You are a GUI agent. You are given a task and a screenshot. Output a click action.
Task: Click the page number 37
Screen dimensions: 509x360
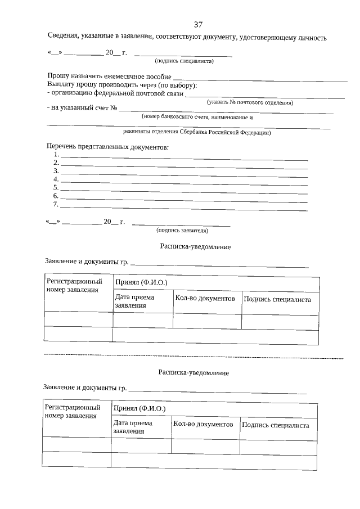point(198,25)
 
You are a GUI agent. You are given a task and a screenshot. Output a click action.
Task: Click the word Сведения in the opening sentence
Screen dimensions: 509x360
point(65,38)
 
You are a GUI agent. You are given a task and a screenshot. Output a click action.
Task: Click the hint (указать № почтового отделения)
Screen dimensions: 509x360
point(250,102)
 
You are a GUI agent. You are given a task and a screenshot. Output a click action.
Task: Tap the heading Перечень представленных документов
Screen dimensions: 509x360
point(107,147)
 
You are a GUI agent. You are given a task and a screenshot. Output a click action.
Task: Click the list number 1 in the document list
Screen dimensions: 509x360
point(56,154)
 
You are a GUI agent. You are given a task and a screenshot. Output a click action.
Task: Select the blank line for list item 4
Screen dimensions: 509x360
point(184,182)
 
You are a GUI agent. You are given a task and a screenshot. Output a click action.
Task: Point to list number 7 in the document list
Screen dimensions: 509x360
point(56,204)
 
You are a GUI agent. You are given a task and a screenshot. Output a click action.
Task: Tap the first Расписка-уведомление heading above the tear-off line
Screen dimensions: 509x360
point(195,246)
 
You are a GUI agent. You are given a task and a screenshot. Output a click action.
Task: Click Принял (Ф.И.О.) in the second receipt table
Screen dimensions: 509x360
point(139,409)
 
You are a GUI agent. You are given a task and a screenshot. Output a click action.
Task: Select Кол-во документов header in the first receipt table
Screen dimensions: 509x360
point(205,298)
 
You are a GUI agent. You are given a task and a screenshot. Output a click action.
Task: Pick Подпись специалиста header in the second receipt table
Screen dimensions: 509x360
point(276,425)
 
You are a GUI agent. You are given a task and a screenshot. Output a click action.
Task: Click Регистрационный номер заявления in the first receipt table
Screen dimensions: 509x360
point(75,285)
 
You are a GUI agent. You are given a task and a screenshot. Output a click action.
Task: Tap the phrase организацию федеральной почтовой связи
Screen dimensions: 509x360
point(116,93)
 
